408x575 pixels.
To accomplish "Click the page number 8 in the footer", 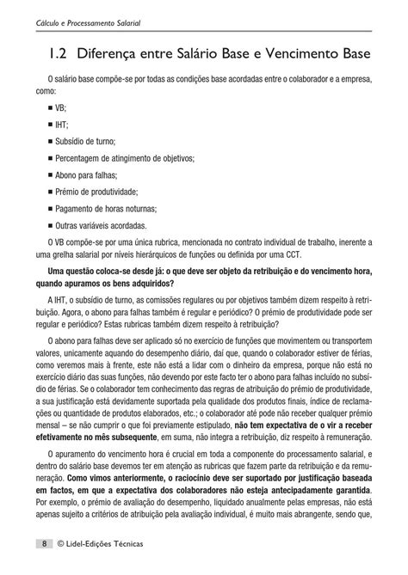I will pos(43,545).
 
